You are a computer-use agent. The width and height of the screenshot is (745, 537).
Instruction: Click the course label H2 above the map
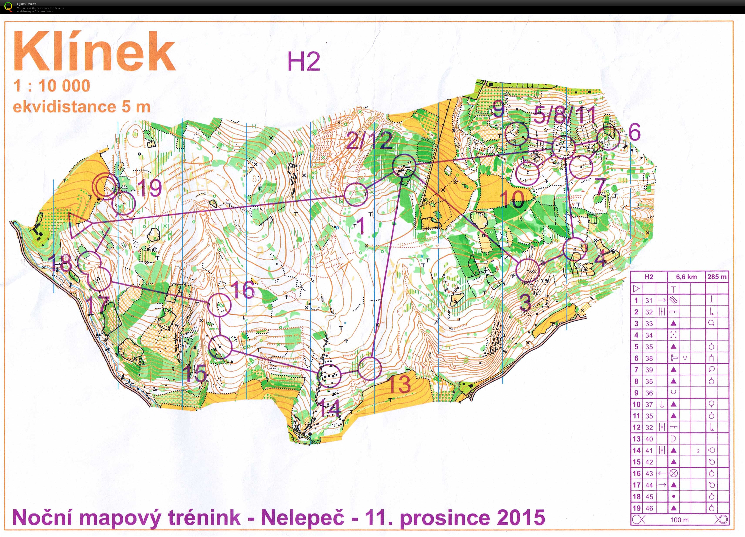click(x=304, y=62)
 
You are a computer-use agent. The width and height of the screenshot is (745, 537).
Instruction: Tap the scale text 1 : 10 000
click(x=52, y=86)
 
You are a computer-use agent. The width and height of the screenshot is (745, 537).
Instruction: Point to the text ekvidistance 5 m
click(x=82, y=107)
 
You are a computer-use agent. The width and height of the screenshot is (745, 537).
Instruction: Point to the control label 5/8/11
click(x=564, y=115)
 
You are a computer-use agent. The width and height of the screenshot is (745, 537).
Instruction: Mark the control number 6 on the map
click(x=634, y=133)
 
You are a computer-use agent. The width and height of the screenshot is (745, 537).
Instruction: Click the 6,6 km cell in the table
click(x=686, y=277)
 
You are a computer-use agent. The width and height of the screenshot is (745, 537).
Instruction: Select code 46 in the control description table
click(x=649, y=508)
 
